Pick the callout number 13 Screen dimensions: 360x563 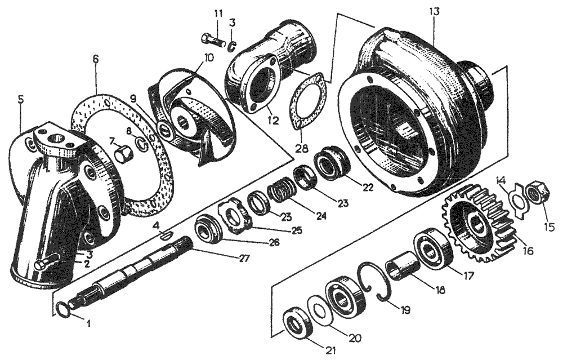pyautogui.click(x=434, y=12)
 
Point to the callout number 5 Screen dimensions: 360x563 pyautogui.click(x=21, y=99)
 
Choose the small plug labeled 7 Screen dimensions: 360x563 pyautogui.click(x=124, y=152)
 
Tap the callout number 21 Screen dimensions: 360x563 pyautogui.click(x=330, y=350)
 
